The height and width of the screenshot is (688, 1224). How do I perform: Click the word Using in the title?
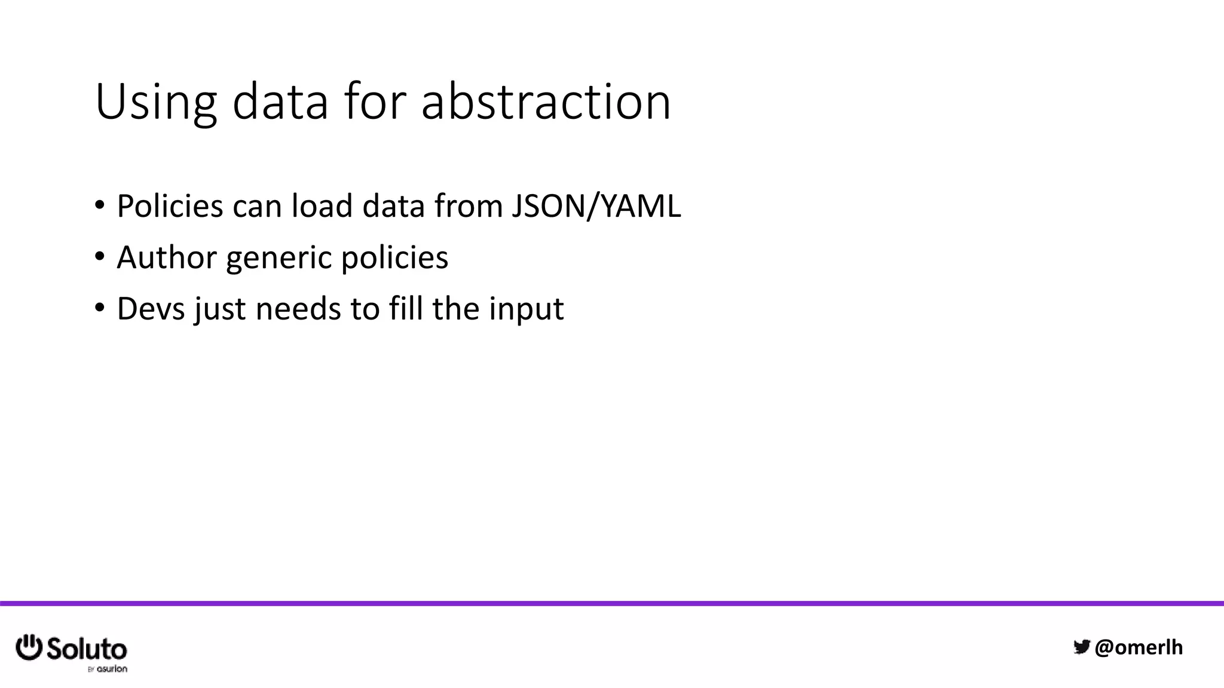pos(155,103)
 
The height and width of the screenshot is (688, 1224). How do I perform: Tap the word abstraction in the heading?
pos(546,103)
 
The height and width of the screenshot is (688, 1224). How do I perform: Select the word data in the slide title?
pos(280,103)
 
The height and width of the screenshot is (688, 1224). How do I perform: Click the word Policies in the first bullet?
pos(170,207)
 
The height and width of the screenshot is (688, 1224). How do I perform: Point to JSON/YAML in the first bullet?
pos(596,207)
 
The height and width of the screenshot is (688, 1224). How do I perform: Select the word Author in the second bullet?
pos(167,258)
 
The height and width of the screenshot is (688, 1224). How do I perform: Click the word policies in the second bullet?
pos(394,258)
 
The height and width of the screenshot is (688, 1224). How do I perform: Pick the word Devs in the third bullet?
pos(151,309)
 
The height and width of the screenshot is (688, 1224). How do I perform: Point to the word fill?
pos(406,309)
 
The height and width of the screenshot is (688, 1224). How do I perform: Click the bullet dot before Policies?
pos(99,206)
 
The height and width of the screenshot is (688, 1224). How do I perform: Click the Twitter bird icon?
pos(1082,647)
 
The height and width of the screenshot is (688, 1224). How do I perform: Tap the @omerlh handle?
pos(1139,647)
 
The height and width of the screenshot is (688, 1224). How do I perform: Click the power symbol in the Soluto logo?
pos(29,647)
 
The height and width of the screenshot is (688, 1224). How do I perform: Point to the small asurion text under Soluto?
pos(112,669)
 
